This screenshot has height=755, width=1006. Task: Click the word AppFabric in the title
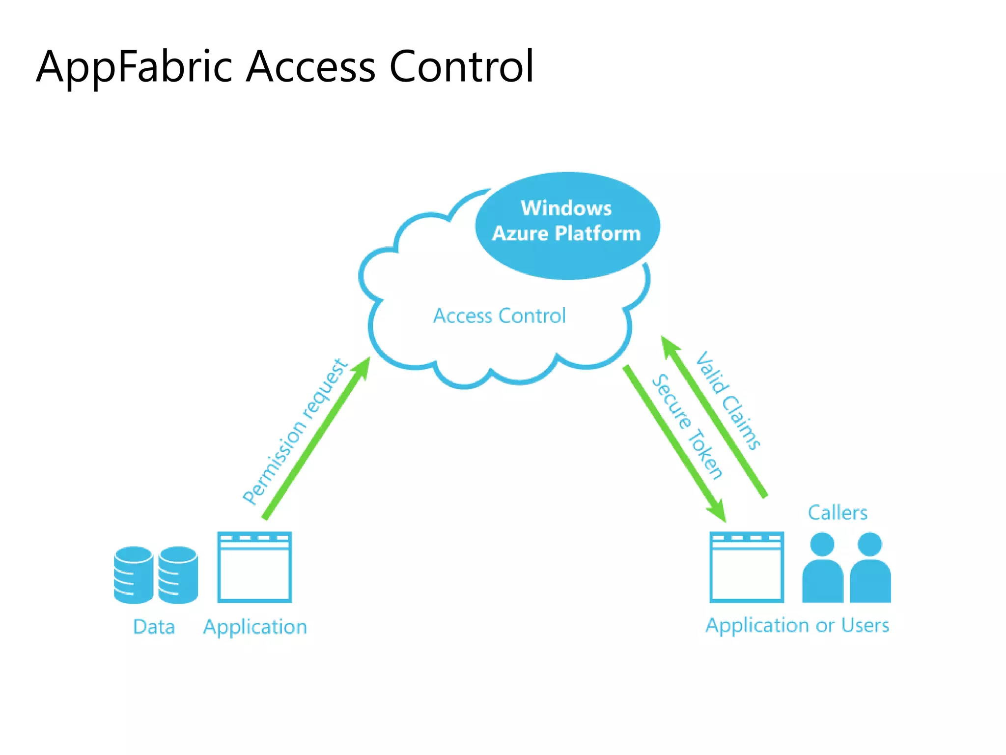coord(134,67)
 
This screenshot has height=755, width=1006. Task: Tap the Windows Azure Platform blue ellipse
coord(567,225)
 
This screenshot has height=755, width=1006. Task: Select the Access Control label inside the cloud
coord(499,316)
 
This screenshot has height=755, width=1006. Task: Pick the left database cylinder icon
coord(133,575)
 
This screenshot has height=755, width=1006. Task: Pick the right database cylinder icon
coord(178,575)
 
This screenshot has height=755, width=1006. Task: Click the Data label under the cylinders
coord(154,627)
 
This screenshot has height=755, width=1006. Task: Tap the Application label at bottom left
coord(255,627)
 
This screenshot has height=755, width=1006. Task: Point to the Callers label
coord(838,513)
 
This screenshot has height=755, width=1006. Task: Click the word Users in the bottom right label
coord(865,625)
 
